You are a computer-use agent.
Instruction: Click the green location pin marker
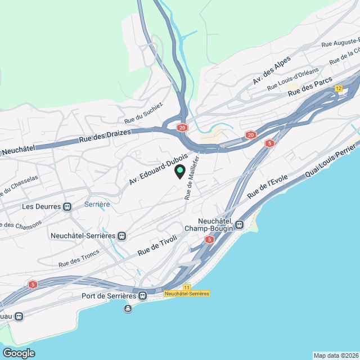coord(180,171)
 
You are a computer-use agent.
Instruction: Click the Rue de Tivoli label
coord(157,246)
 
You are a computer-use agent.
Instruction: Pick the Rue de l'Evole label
coord(267,186)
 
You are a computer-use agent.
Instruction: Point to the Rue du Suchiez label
coord(143,113)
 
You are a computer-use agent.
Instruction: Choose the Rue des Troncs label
coord(79,258)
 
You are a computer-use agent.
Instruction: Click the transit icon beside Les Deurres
coord(67,206)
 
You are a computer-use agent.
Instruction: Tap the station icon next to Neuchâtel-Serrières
coord(122,236)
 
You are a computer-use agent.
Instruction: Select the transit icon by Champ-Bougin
coord(240,225)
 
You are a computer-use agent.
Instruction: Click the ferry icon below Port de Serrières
coord(128,308)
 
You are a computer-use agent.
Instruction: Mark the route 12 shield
coord(339,88)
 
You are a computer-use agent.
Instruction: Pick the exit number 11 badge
coord(187,287)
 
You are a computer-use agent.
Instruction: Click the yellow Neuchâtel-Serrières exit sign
coord(187,294)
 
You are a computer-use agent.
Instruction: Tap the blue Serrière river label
coord(97,204)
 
